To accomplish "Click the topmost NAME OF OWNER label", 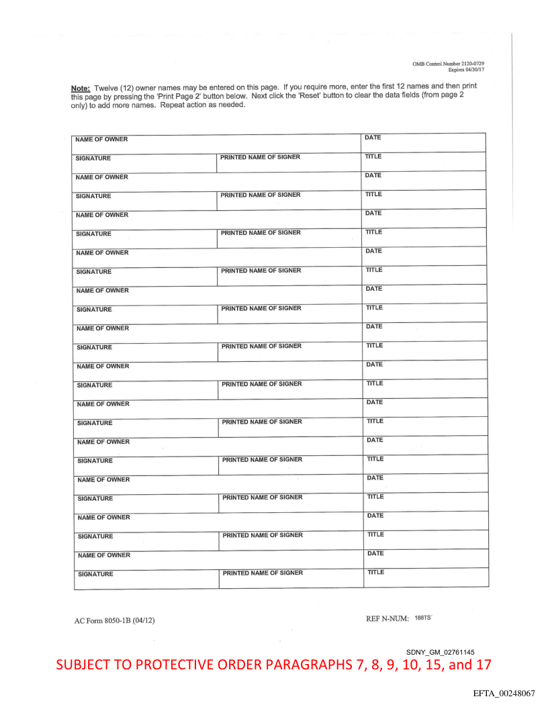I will pyautogui.click(x=101, y=140).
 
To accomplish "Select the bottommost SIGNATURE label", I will pyautogui.click(x=95, y=574).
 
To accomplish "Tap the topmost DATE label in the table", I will pyautogui.click(x=373, y=138).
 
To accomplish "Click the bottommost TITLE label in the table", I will pyautogui.click(x=375, y=572).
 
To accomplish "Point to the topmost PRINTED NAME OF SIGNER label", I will pyautogui.click(x=261, y=157).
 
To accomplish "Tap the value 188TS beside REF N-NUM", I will pyautogui.click(x=424, y=618).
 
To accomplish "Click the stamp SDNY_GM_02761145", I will pyautogui.click(x=441, y=652).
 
